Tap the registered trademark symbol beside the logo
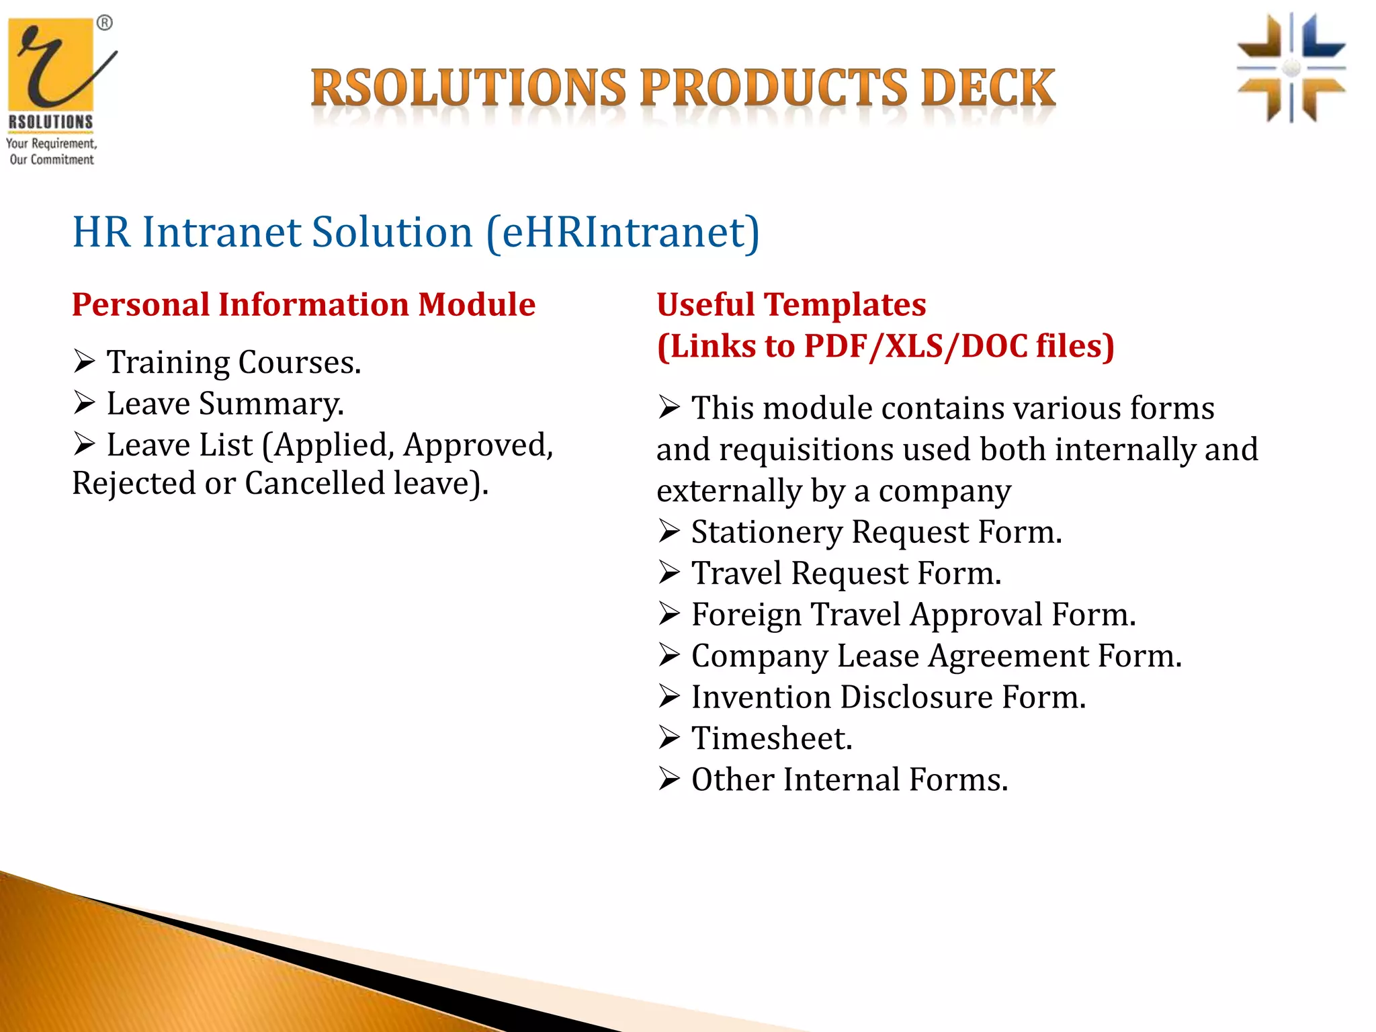(105, 24)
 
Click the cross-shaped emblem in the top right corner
(1291, 68)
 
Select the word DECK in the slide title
(988, 89)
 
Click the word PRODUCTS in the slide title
(773, 89)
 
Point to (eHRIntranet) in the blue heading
(622, 232)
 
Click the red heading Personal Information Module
(304, 304)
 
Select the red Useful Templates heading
(791, 304)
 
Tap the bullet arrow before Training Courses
(85, 362)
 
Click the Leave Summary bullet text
(225, 404)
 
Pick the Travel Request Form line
(846, 574)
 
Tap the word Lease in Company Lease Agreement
(877, 656)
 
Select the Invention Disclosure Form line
(888, 697)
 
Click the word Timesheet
(771, 739)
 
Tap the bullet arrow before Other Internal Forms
(669, 779)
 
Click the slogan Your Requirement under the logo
(51, 144)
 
